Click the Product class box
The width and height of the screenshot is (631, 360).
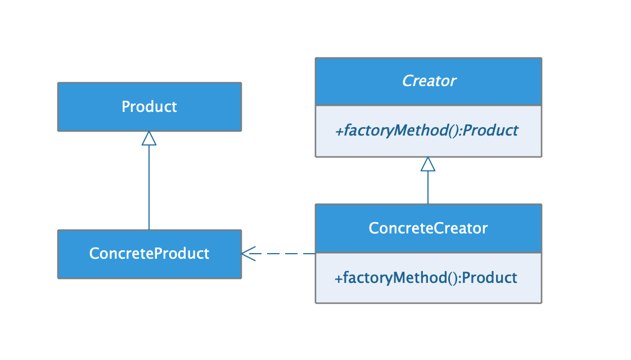[x=149, y=107]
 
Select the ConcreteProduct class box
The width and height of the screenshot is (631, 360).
[x=149, y=254]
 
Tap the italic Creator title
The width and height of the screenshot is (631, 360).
[x=429, y=81]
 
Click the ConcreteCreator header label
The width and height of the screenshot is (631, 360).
[x=428, y=228]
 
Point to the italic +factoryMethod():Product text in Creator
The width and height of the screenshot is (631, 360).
[x=426, y=131]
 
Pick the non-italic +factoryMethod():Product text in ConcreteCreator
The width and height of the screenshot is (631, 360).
[x=426, y=278]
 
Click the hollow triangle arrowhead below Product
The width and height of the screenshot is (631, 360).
[x=149, y=138]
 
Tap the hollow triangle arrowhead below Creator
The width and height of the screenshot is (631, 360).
[x=428, y=164]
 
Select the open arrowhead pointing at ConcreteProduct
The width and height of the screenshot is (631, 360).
[x=248, y=254]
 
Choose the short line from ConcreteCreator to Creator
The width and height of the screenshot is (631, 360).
[x=428, y=188]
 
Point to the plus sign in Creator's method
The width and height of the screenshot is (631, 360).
[x=339, y=131]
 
